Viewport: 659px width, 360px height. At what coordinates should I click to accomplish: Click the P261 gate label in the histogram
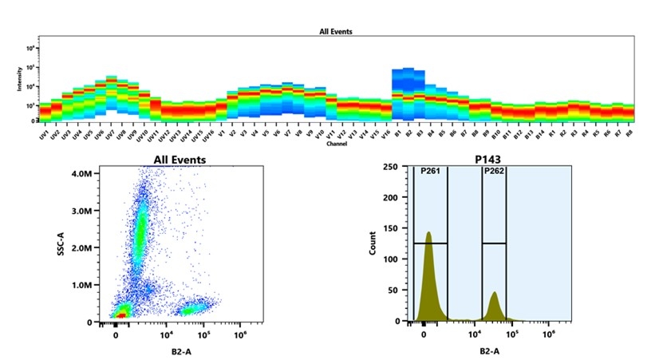click(x=431, y=172)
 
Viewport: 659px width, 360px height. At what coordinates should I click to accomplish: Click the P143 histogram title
click(x=491, y=160)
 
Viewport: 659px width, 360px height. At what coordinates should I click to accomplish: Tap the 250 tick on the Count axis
click(x=392, y=167)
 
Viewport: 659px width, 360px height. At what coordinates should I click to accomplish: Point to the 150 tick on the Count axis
click(x=392, y=228)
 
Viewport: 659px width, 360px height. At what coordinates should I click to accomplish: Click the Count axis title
click(x=373, y=243)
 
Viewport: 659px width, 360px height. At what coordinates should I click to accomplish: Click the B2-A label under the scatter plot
click(x=166, y=350)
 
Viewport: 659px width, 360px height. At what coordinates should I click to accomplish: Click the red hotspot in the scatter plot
click(x=120, y=315)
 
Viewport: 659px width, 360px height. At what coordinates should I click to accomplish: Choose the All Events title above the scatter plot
click(x=180, y=160)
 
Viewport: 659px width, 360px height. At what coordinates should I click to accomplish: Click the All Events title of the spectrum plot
click(x=336, y=32)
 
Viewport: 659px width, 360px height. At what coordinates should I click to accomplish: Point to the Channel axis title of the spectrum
click(x=336, y=144)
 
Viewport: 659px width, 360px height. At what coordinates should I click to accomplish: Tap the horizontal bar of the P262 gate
click(x=495, y=243)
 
